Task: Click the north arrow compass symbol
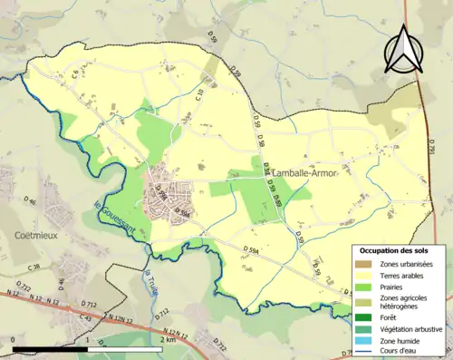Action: pos(404,49)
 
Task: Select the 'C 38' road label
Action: pos(34,268)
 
